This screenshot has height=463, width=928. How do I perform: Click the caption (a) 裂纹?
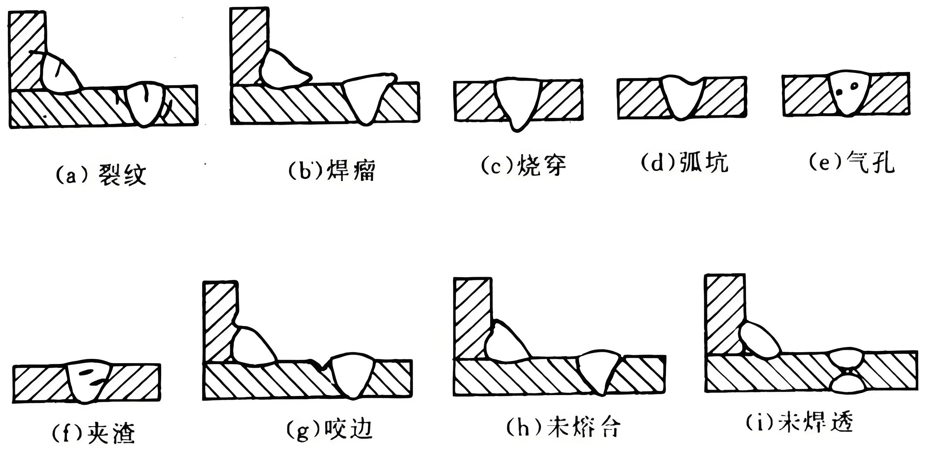pos(101,175)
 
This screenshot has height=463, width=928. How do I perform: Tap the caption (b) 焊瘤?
pos(332,171)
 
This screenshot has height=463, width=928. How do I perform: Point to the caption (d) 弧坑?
pos(684,163)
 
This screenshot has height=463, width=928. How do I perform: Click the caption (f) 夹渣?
pos(94,434)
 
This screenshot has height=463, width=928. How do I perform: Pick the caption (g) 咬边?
pos(329,429)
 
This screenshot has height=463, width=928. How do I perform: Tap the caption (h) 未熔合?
pos(564,428)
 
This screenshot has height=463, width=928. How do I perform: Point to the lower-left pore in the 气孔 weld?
pos(840,92)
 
